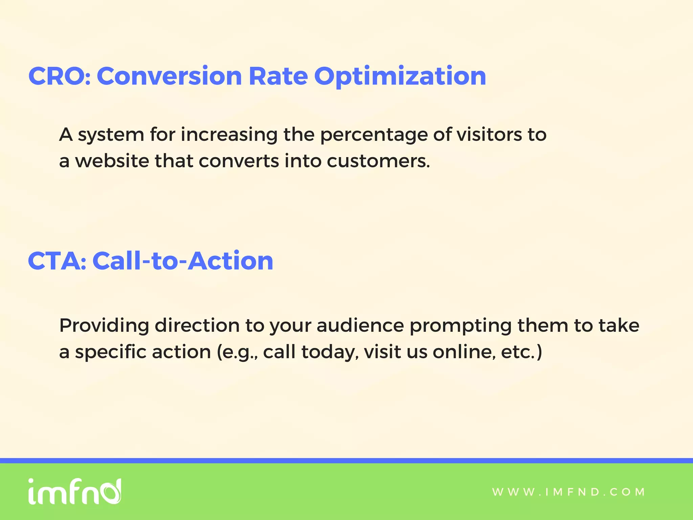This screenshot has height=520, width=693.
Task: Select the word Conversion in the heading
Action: [169, 76]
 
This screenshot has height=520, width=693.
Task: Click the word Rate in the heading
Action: [278, 76]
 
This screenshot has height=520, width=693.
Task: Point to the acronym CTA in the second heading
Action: [54, 261]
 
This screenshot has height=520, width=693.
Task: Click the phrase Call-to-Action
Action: [183, 261]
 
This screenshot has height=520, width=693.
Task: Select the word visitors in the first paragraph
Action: [489, 134]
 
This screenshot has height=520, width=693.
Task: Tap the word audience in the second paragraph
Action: [360, 325]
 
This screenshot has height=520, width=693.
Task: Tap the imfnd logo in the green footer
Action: [74, 492]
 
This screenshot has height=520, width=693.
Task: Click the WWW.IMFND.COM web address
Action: [568, 492]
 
